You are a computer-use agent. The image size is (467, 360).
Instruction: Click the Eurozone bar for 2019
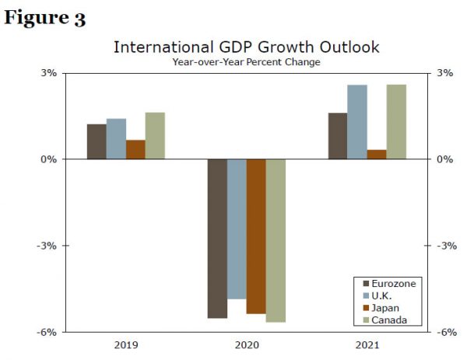pyautogui.click(x=97, y=142)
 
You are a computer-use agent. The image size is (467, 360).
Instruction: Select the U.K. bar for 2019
pyautogui.click(x=116, y=139)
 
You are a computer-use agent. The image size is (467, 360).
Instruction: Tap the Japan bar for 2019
pyautogui.click(x=135, y=149)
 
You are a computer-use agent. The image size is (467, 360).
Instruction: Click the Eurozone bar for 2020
pyautogui.click(x=217, y=239)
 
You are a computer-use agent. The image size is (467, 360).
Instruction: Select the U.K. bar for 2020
pyautogui.click(x=237, y=229)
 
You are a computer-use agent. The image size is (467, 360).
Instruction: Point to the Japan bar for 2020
pyautogui.click(x=256, y=236)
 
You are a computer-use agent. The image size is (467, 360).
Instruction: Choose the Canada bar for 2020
pyautogui.click(x=276, y=240)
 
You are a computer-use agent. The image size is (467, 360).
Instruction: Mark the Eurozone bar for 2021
pyautogui.click(x=338, y=136)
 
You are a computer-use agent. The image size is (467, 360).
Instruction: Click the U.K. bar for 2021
pyautogui.click(x=357, y=122)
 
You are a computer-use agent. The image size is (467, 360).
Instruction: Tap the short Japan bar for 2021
pyautogui.click(x=377, y=154)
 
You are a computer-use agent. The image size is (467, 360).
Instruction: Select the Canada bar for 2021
pyautogui.click(x=396, y=122)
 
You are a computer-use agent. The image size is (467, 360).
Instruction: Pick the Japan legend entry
pyautogui.click(x=387, y=308)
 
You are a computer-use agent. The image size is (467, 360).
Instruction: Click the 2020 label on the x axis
pyautogui.click(x=247, y=343)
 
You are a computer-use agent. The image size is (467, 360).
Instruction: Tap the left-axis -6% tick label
pyautogui.click(x=47, y=332)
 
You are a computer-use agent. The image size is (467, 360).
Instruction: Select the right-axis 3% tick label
pyautogui.click(x=445, y=73)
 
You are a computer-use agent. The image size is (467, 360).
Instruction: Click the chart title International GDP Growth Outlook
pyautogui.click(x=246, y=47)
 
